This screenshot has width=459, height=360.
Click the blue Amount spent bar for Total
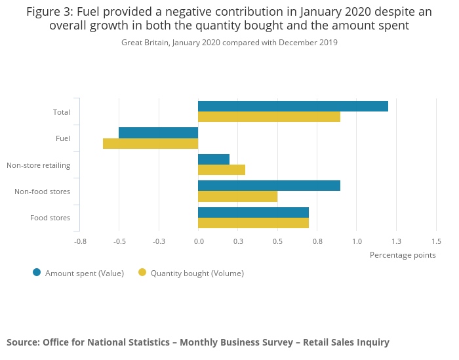pyautogui.click(x=292, y=106)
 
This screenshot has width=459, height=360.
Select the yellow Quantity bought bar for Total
pyautogui.click(x=269, y=117)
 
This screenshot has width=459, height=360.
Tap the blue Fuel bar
pyautogui.click(x=158, y=132)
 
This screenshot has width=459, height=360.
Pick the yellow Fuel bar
pyautogui.click(x=150, y=144)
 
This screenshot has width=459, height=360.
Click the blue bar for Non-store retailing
pyautogui.click(x=214, y=159)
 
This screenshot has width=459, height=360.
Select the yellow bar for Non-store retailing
pyautogui.click(x=222, y=170)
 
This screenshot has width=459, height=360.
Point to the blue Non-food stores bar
pyautogui.click(x=269, y=186)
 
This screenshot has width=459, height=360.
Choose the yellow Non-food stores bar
pyautogui.click(x=237, y=197)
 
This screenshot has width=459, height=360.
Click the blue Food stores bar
pyautogui.click(x=253, y=212)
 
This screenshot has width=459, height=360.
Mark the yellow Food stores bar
pyautogui.click(x=253, y=223)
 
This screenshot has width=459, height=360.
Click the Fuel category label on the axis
pyautogui.click(x=63, y=138)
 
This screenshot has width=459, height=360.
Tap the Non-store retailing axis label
pyautogui.click(x=38, y=165)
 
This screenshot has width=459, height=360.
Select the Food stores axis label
pyautogui.click(x=50, y=218)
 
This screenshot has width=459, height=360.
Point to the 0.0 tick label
pyautogui.click(x=198, y=241)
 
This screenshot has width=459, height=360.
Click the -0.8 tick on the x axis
pyautogui.click(x=80, y=241)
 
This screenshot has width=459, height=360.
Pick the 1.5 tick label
pyautogui.click(x=436, y=241)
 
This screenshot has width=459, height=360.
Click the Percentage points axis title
pyautogui.click(x=403, y=255)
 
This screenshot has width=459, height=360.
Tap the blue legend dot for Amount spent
pyautogui.click(x=37, y=273)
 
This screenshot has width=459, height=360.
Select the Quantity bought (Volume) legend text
pyautogui.click(x=197, y=273)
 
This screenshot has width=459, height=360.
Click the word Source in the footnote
pyautogui.click(x=22, y=342)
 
